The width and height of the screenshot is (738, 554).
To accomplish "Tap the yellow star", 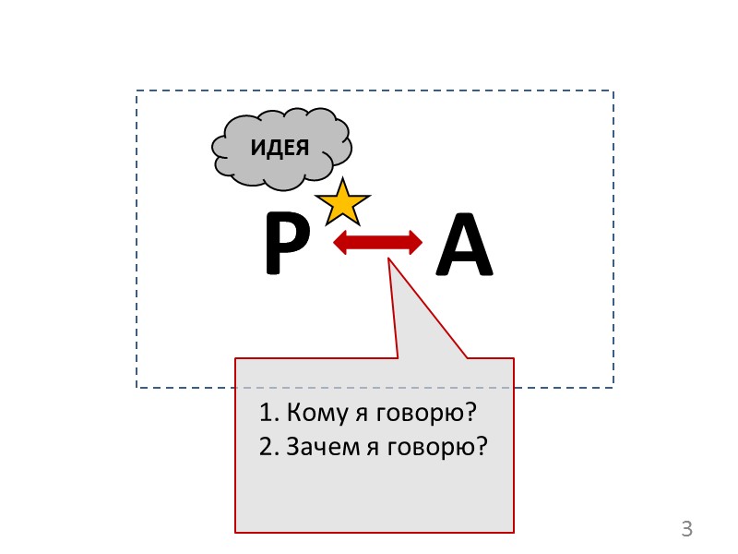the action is pos(342,203).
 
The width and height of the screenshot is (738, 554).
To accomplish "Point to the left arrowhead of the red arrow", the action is pos(339,243).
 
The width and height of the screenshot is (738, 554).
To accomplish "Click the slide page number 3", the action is pos(685,529).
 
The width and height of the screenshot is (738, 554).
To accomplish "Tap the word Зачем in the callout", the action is pos(318,447).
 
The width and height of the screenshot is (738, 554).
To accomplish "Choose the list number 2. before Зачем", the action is pos(268,447).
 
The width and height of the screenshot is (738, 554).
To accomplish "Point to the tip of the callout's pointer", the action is pos(389,259).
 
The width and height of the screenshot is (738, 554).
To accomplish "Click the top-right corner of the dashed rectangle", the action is pos(613,91).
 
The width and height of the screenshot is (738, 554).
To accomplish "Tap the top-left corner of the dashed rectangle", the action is pos(137,91).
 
